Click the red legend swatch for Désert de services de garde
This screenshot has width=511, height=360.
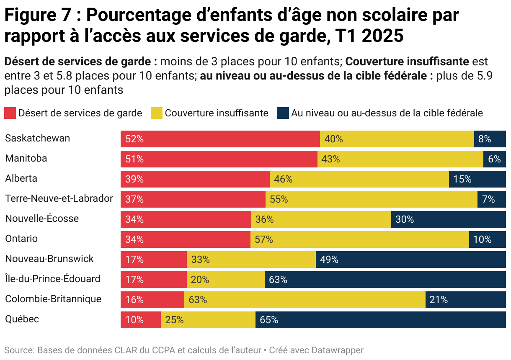tap(10, 113)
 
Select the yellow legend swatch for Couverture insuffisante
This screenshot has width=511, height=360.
tap(156, 113)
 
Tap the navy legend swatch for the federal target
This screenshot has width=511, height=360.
tap(283, 113)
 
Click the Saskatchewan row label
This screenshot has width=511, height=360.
tap(38, 139)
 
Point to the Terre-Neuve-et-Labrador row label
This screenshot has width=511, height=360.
tap(59, 199)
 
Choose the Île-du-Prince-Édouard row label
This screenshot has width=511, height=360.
tap(53, 279)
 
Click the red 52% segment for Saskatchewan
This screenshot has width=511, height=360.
tap(220, 139)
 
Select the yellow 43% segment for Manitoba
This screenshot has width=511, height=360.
tap(400, 159)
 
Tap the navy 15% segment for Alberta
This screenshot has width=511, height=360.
tap(477, 179)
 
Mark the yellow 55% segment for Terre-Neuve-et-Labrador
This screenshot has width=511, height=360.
tap(371, 199)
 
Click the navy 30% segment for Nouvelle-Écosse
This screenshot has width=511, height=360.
tap(448, 219)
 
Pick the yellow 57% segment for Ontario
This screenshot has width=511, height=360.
tap(359, 239)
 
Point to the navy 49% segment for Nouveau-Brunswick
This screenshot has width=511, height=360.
tap(410, 260)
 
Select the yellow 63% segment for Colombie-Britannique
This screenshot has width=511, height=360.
tap(305, 300)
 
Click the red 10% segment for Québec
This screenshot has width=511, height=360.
tap(140, 320)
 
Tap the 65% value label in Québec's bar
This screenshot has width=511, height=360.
tap(269, 320)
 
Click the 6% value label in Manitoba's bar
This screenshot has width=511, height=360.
tap(494, 159)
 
